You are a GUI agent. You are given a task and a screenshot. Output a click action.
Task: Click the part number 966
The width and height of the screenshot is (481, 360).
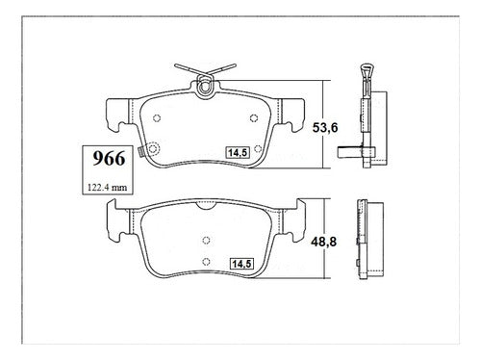tap(109, 159)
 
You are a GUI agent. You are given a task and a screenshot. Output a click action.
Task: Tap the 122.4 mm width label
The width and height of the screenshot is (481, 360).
tap(108, 188)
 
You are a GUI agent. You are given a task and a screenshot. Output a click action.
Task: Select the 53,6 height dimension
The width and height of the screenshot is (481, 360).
tap(325, 128)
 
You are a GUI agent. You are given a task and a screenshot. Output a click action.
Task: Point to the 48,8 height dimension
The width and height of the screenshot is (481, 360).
tap(323, 242)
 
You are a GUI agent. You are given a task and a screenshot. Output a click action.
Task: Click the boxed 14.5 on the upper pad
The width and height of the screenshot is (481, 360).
tap(238, 153)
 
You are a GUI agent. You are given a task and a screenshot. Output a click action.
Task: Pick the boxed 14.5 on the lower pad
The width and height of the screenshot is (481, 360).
tap(241, 264)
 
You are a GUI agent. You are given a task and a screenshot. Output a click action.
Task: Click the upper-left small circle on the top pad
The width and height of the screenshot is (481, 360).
tap(157, 118)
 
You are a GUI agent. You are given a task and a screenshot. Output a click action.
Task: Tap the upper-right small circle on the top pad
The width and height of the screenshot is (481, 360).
tap(254, 118)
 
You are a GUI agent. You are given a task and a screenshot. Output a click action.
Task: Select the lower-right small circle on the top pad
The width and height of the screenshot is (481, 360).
tap(258, 148)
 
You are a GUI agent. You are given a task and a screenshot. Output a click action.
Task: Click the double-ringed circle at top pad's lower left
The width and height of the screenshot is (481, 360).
tap(153, 148)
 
